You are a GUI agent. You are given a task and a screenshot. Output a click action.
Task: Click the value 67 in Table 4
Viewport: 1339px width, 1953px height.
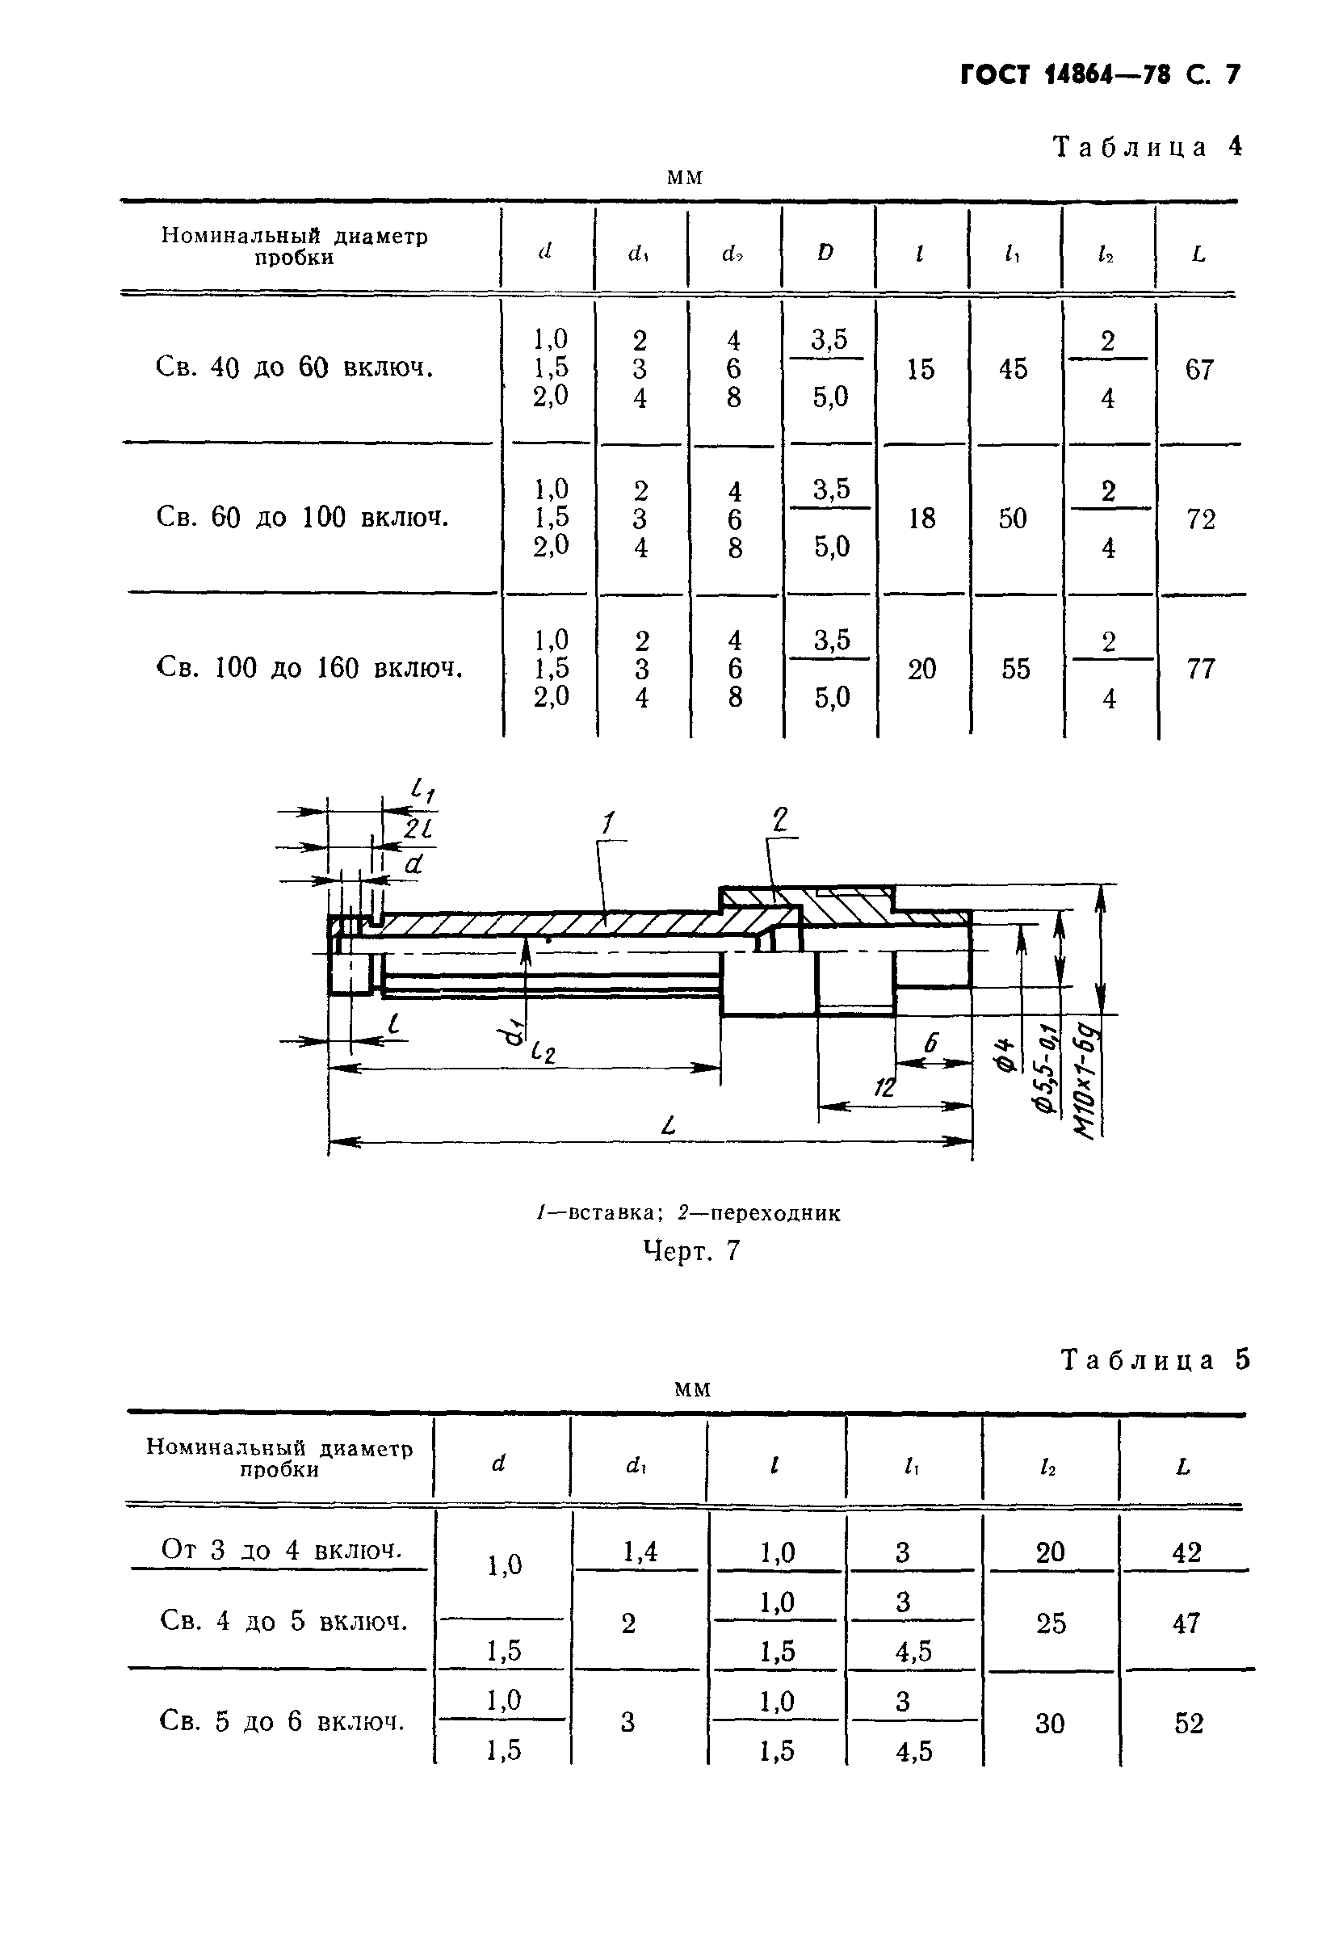point(1199,369)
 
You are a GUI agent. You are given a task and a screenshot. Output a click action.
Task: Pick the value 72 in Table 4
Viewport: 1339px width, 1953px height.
point(1200,519)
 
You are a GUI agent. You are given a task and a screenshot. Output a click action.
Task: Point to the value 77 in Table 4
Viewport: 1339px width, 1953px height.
point(1200,669)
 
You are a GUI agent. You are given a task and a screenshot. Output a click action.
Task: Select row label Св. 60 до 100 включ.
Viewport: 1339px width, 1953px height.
point(302,518)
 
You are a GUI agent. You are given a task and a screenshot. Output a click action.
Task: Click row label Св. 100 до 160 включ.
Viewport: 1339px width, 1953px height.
point(309,669)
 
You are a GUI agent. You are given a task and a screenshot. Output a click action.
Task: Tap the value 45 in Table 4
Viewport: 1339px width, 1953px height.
point(1013,369)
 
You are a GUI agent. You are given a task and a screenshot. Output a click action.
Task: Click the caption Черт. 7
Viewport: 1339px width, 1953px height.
point(691,1251)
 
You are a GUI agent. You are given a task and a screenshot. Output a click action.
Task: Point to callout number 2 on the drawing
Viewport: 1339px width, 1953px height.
point(780,818)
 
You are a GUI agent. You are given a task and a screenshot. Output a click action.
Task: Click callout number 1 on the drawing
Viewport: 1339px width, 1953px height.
point(608,823)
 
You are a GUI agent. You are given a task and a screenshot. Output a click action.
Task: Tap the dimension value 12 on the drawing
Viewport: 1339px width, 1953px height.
point(884,1087)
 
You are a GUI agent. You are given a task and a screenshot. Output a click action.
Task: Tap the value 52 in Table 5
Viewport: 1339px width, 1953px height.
point(1189,1724)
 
